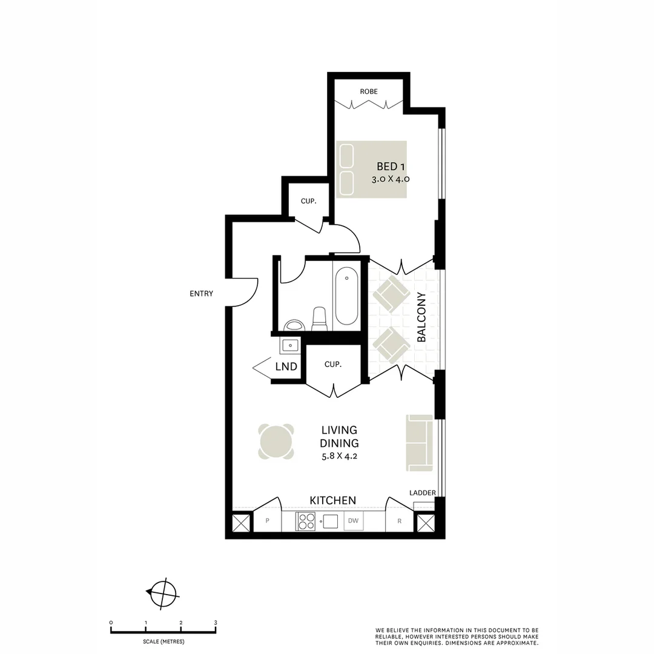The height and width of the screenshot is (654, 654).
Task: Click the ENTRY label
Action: pos(201,294)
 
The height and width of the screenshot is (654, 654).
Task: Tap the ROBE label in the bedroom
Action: pos(369,91)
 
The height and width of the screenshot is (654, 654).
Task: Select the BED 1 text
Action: pos(387,167)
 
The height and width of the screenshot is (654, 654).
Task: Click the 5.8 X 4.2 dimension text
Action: pos(340,457)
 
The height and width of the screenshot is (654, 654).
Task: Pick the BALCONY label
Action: pos(422,317)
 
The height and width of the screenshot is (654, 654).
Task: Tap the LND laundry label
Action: pos(286,366)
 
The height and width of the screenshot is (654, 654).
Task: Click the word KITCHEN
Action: pos(332,500)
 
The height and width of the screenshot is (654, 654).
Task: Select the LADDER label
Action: pos(422,493)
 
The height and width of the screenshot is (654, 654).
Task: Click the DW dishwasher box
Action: pos(354,521)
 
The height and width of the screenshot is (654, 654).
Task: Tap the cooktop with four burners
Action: pos(306,521)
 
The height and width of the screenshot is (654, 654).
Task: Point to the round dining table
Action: pos(276,441)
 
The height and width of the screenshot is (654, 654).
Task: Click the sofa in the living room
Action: pos(420,443)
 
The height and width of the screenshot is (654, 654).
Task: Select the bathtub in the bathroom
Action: pos(346,297)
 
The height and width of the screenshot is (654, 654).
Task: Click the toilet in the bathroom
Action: pos(319,319)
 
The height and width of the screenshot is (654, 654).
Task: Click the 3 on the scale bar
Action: pos(216,623)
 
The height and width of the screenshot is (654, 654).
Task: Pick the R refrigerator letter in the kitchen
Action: pos(400,521)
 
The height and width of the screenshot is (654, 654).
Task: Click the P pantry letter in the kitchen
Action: pos(267,521)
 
